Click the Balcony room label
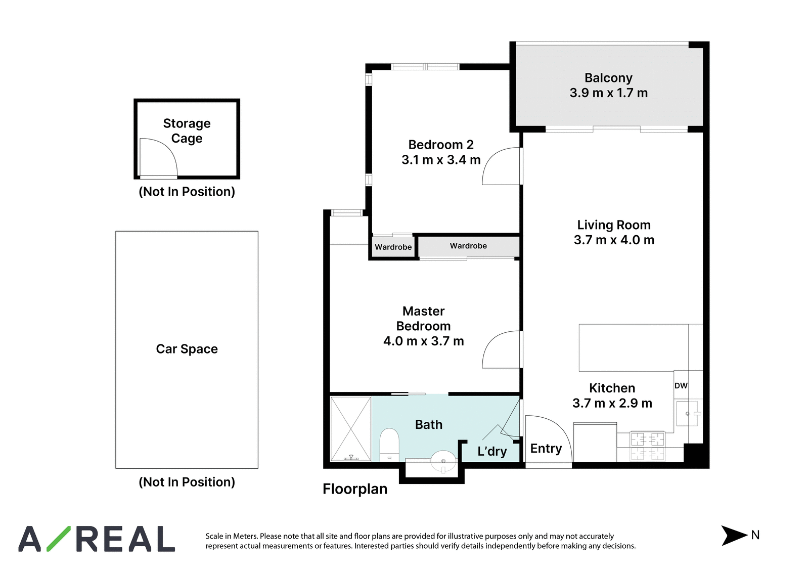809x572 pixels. [608, 78]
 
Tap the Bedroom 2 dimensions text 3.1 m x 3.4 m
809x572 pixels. [441, 160]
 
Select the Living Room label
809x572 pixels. [614, 225]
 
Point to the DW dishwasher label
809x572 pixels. [681, 385]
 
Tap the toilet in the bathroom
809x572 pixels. [389, 445]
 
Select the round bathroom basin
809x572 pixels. [443, 461]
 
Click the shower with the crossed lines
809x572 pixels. [351, 429]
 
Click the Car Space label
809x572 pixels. [187, 349]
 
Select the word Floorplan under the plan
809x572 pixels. [355, 489]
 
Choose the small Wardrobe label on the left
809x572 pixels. [393, 247]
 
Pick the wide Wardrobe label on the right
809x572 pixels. [468, 246]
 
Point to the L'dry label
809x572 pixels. [492, 451]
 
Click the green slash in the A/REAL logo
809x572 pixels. [59, 539]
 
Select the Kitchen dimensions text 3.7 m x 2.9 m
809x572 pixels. [612, 403]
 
